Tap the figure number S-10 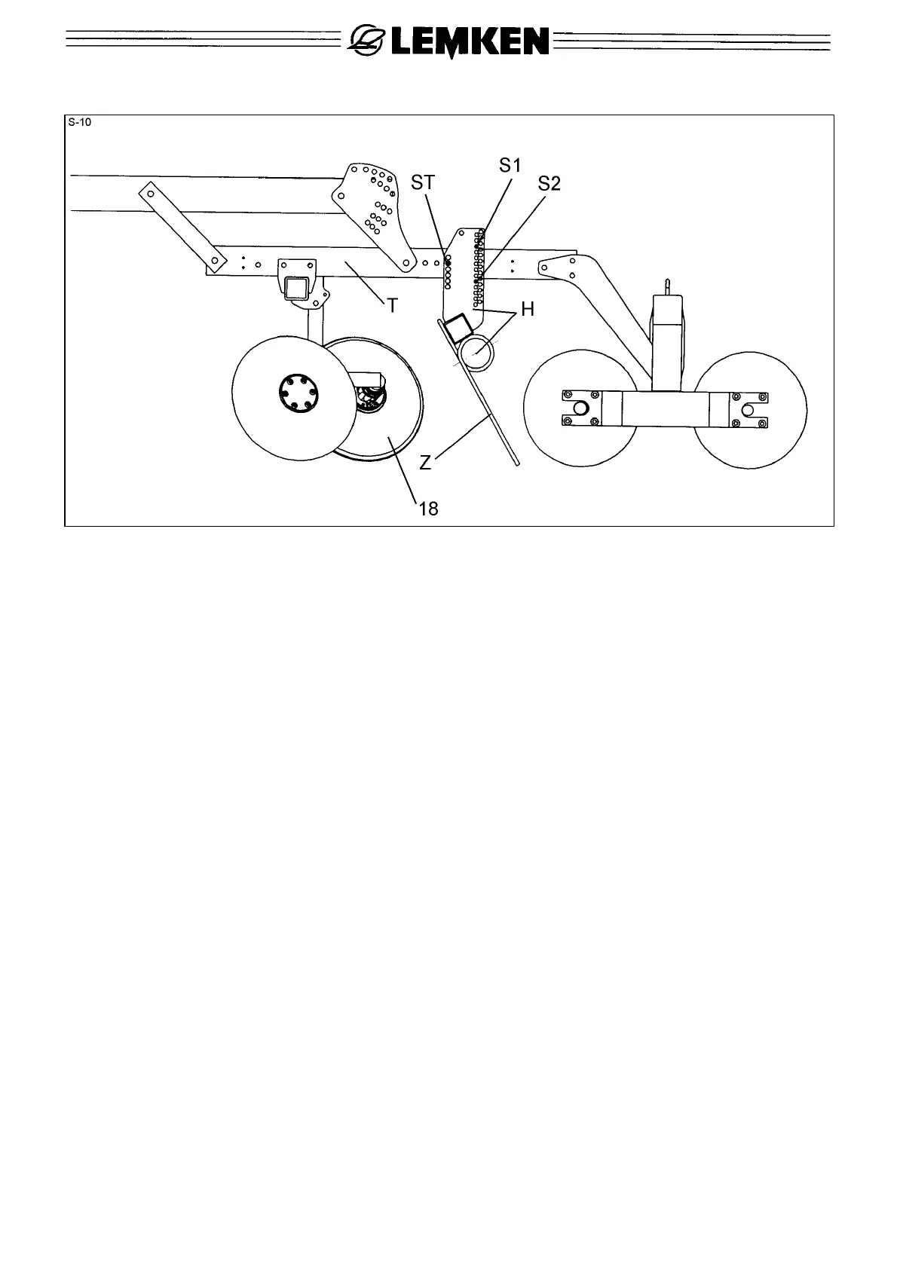click(x=78, y=122)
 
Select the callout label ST click(x=423, y=183)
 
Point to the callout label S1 click(x=510, y=165)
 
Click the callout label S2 click(x=549, y=183)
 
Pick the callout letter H click(x=528, y=309)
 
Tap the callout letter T click(x=392, y=304)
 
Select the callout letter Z click(x=426, y=463)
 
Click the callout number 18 click(x=427, y=509)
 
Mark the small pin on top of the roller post click(x=667, y=286)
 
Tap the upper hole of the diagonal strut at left click(x=150, y=194)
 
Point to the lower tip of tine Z click(x=517, y=464)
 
